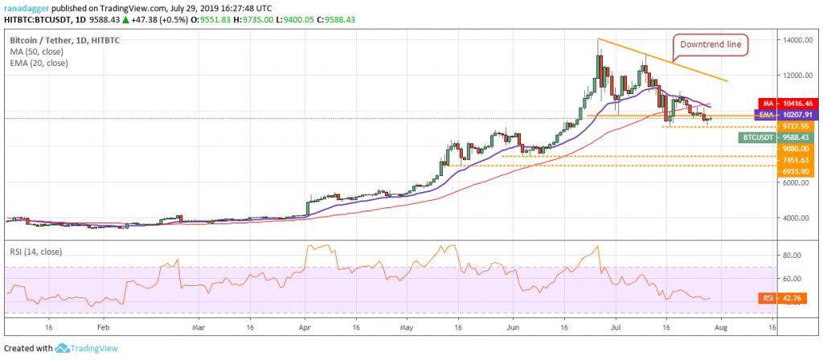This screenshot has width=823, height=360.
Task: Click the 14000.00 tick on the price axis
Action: click(x=795, y=40)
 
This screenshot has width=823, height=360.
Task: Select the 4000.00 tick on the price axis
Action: click(x=793, y=218)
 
